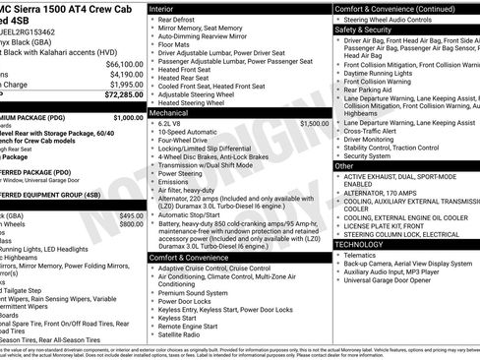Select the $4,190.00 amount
[x=127, y=74]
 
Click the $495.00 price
[x=131, y=215]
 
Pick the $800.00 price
[x=131, y=224]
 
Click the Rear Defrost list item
[x=176, y=20]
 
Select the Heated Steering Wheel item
[x=192, y=102]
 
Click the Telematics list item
[x=364, y=255]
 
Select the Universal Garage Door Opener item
[x=393, y=280]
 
